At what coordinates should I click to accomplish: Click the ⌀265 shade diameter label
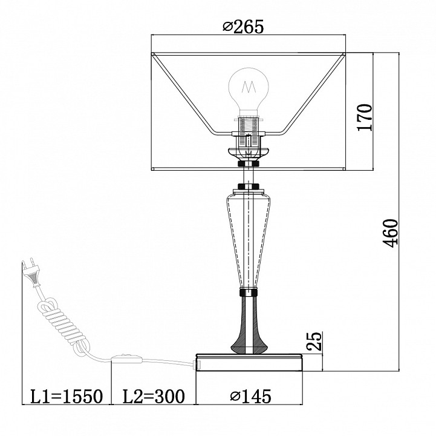pyautogui.click(x=243, y=27)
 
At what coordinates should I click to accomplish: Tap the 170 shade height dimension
pyautogui.click(x=365, y=117)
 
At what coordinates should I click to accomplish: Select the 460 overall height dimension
pyautogui.click(x=391, y=233)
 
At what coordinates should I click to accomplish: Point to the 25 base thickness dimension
pyautogui.click(x=314, y=341)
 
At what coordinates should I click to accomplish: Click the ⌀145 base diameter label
pyautogui.click(x=250, y=396)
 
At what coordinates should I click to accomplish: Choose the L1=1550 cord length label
pyautogui.click(x=67, y=396)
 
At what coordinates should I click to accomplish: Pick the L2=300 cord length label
pyautogui.click(x=154, y=396)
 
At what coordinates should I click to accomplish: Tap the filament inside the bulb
pyautogui.click(x=249, y=87)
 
